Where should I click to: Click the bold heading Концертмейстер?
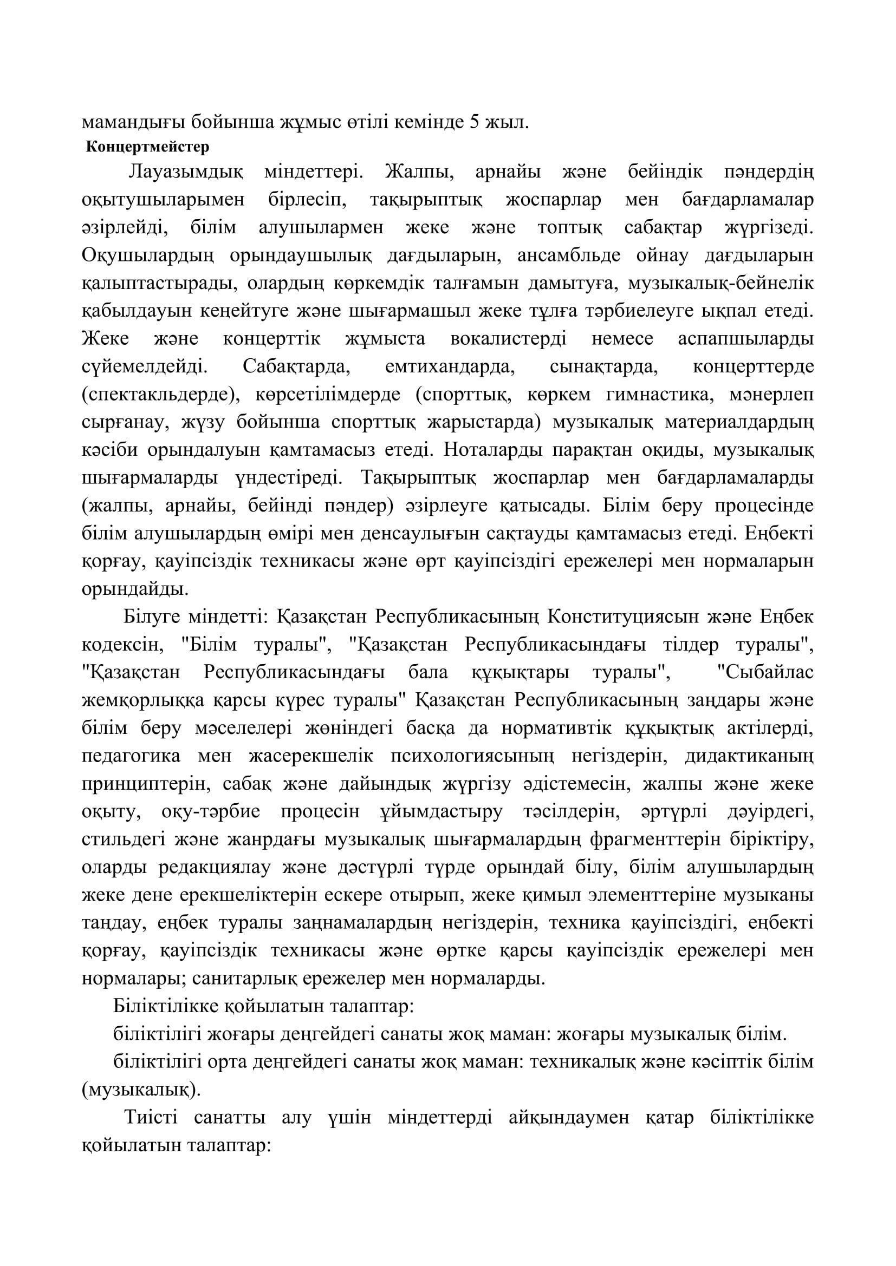tap(148, 147)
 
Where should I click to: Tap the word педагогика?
tap(131, 756)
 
